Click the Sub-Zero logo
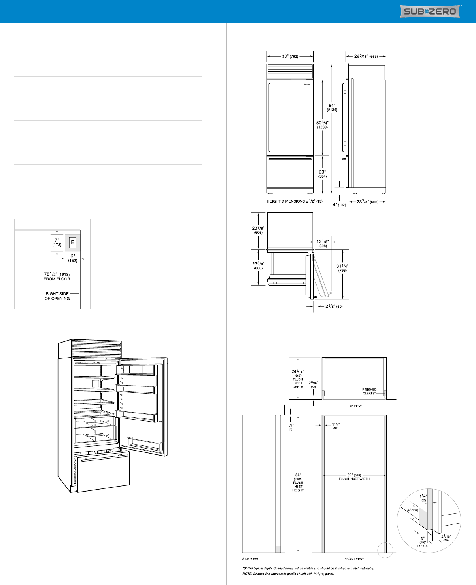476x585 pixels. point(430,11)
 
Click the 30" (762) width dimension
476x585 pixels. point(290,56)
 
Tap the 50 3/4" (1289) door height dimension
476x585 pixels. point(322,125)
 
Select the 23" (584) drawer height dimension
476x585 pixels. point(322,174)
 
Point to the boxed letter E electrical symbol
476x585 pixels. point(72,242)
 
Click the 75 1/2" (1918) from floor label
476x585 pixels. point(57,276)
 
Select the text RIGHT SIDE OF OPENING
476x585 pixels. point(57,296)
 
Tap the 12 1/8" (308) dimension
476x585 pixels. point(323,244)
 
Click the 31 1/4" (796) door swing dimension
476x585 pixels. point(342,268)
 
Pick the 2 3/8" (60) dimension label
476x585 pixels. point(334,306)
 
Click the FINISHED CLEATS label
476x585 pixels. point(369,391)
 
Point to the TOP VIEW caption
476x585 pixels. point(354,406)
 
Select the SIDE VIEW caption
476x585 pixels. point(250,559)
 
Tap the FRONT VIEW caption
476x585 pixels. point(354,559)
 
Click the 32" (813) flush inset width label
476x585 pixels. point(354,477)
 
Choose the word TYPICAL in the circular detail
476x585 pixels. point(423,546)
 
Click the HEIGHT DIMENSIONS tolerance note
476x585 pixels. point(295,201)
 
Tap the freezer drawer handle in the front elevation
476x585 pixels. point(290,159)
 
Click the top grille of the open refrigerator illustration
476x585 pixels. point(96,348)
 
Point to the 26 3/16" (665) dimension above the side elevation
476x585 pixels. point(366,56)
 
